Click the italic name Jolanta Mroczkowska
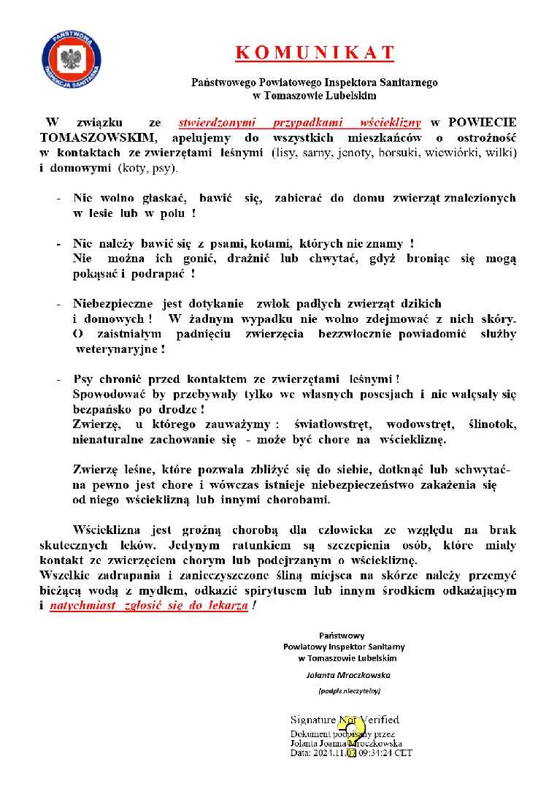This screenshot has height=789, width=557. pyautogui.click(x=350, y=674)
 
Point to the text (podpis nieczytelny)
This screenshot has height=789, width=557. pyautogui.click(x=350, y=690)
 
